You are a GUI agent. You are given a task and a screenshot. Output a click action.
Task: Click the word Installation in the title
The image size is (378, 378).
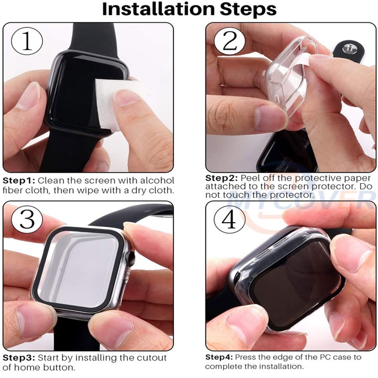[x=158, y=9]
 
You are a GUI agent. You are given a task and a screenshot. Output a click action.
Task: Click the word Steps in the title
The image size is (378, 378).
[x=248, y=10]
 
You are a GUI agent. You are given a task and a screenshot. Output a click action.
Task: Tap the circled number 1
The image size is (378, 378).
[x=27, y=41]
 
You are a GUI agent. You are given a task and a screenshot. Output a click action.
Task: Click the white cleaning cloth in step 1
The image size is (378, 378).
[x=116, y=104]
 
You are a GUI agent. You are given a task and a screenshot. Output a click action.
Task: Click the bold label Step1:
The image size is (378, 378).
[x=19, y=181]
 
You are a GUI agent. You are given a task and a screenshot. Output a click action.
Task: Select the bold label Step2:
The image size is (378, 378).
[x=222, y=178]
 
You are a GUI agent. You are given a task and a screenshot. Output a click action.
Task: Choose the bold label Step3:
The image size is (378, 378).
[x=19, y=358]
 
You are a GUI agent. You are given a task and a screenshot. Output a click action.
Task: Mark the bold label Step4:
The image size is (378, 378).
[x=219, y=357]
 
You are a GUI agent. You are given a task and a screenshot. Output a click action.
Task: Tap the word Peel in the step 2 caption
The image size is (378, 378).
[x=251, y=178]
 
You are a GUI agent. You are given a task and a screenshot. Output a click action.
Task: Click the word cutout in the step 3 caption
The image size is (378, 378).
[x=152, y=358]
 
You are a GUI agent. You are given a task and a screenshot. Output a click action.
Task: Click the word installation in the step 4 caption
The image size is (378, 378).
[x=278, y=367]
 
